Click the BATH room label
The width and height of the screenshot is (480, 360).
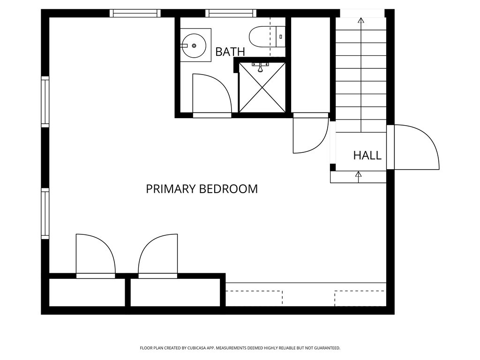(x=230, y=52)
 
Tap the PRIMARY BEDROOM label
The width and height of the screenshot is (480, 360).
(x=202, y=189)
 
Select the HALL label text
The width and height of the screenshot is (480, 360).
(x=367, y=156)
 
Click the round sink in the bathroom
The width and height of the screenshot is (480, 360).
(x=193, y=45)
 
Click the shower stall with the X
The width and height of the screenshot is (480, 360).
(x=262, y=87)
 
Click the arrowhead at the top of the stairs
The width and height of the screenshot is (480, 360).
(x=360, y=20)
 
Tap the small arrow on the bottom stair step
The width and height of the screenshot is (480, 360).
(x=359, y=174)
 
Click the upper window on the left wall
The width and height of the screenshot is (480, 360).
(x=45, y=102)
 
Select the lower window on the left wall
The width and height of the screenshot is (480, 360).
(x=45, y=213)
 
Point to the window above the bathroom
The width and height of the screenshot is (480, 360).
(x=231, y=13)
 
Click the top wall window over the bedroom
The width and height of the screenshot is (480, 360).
(x=135, y=13)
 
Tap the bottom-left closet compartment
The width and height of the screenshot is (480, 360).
(x=87, y=292)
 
